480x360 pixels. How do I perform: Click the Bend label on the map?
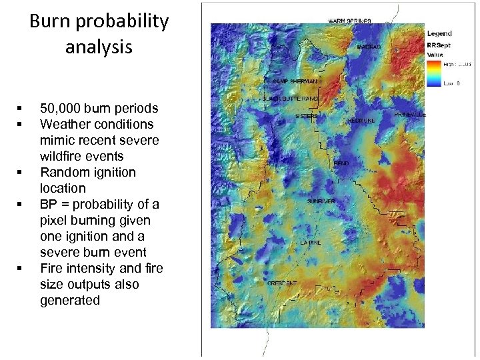pyautogui.click(x=341, y=163)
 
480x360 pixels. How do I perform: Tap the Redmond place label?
pyautogui.click(x=361, y=121)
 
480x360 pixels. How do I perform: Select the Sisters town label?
pyautogui.click(x=306, y=116)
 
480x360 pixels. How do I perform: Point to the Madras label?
pyautogui.click(x=369, y=47)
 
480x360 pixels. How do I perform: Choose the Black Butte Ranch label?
pyautogui.click(x=291, y=99)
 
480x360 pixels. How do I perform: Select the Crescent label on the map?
pyautogui.click(x=282, y=283)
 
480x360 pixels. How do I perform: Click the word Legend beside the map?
pyautogui.click(x=439, y=33)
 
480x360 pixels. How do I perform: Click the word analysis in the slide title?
pyautogui.click(x=99, y=47)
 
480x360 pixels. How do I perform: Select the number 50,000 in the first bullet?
pyautogui.click(x=60, y=108)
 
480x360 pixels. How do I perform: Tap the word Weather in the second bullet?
pyautogui.click(x=65, y=124)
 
